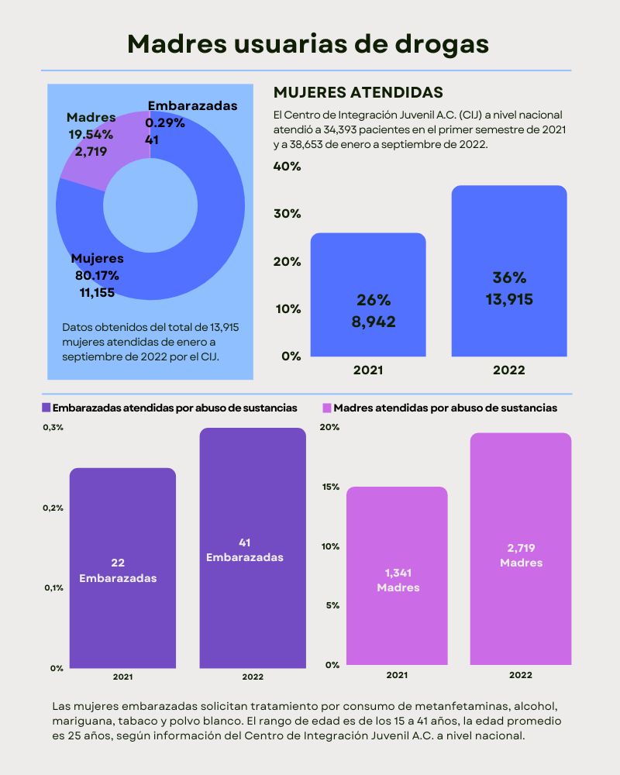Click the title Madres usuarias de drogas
coord(308,43)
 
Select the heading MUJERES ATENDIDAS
coord(358,93)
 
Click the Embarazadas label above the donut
coord(192,105)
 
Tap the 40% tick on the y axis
coord(286,167)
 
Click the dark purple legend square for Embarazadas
coord(46,408)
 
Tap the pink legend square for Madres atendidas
coord(327,408)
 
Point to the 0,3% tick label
coord(53,428)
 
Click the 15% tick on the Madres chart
coord(330,487)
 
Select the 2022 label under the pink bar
coord(520,676)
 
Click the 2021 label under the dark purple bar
coord(122,677)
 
